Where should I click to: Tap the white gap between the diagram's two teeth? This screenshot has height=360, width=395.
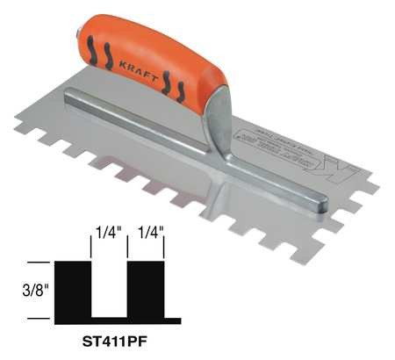(x=110, y=285)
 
